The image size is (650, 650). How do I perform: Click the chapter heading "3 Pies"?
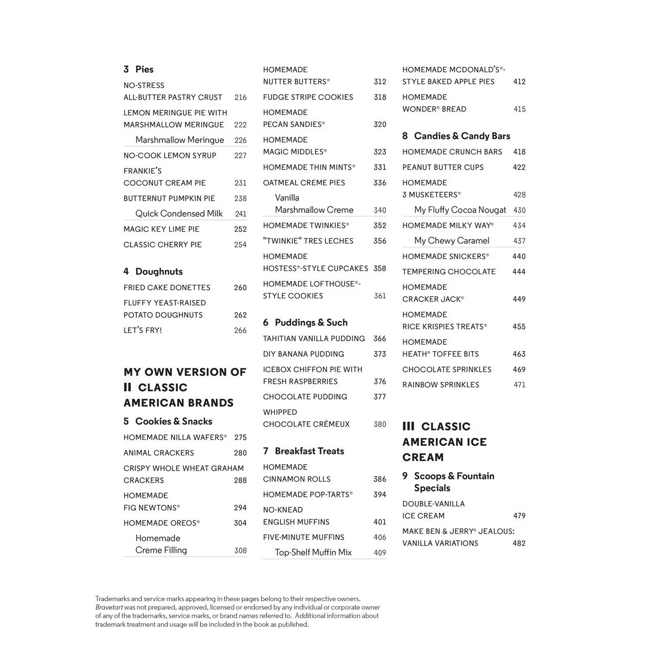[x=138, y=69]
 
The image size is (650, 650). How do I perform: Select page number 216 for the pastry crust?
[x=240, y=97]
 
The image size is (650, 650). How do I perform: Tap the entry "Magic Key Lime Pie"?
[x=162, y=229]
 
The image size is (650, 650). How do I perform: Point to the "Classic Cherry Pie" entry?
[x=163, y=245]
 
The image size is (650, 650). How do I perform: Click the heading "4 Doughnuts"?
[x=153, y=272]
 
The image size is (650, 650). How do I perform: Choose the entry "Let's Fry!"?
[x=143, y=331]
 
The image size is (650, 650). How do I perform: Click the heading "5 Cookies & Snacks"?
[x=168, y=422]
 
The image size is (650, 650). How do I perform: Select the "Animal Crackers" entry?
[x=159, y=453]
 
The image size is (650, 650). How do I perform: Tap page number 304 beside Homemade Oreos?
[x=240, y=523]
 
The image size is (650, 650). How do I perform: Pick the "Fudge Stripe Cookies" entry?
[x=308, y=97]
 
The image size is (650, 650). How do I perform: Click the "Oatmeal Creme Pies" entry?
[x=304, y=183]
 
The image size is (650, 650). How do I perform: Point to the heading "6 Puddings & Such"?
[x=305, y=323]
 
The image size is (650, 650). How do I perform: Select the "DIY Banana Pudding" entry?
[x=304, y=354]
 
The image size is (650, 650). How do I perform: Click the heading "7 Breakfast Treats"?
[x=304, y=451]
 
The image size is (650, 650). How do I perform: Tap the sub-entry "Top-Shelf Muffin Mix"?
[x=313, y=553]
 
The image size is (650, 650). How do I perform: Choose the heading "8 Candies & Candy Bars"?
[x=456, y=136]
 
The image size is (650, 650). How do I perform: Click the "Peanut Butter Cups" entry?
[x=443, y=167]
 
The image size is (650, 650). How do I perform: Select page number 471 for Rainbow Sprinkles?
[x=519, y=385]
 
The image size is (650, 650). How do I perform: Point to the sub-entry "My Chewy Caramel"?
[x=452, y=241]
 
